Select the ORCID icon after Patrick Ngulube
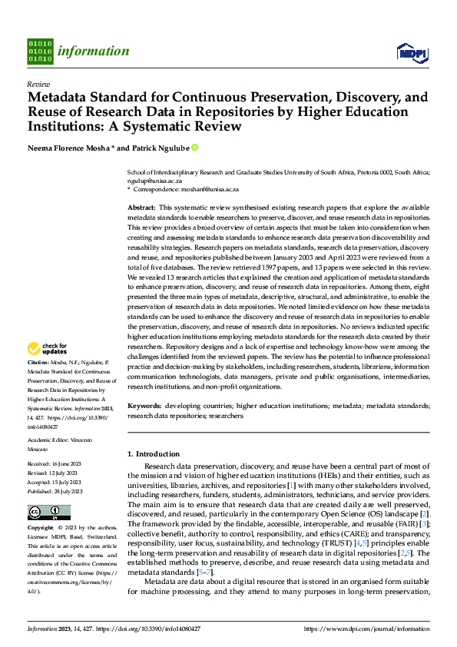[x=195, y=147]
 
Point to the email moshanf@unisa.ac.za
[x=211, y=189]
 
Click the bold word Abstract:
[x=141, y=208]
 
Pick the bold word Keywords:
[x=144, y=405]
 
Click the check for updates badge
[x=48, y=350]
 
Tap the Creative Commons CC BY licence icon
[x=49, y=513]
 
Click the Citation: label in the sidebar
[x=38, y=361]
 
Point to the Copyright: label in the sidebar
[x=41, y=529]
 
